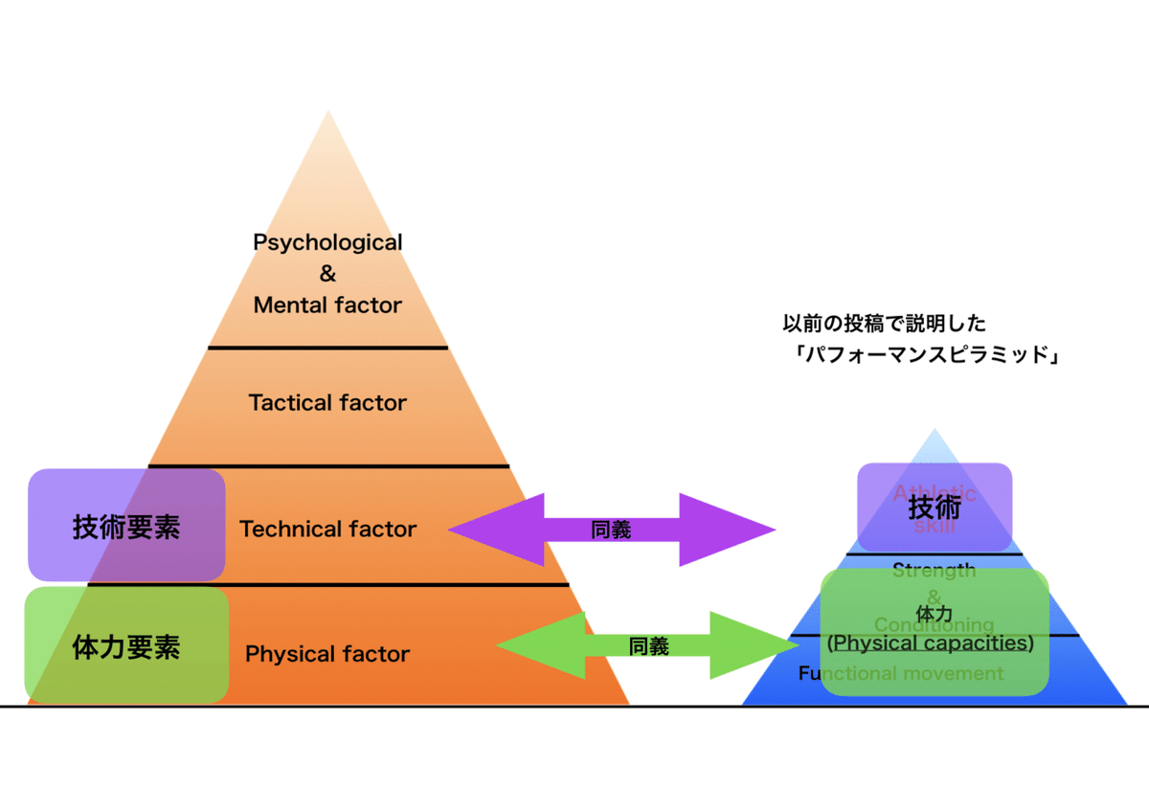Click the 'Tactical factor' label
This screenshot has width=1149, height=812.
pos(327,403)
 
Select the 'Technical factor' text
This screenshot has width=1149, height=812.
pos(327,529)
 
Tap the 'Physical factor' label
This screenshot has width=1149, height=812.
pos(327,655)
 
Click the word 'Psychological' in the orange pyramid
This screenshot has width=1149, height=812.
pos(327,242)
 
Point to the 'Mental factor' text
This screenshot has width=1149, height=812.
pos(327,305)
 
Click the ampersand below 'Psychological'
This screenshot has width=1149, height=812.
pos(327,274)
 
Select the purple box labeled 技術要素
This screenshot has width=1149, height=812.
pos(126,527)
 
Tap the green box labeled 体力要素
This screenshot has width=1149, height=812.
pos(126,647)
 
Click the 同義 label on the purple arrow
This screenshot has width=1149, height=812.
pos(611,530)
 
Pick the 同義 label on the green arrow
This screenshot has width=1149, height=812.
pos(649,646)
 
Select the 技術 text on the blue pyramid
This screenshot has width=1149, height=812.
pos(934,508)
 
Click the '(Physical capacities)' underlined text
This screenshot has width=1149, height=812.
pos(931,643)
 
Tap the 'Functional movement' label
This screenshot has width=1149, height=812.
pos(901,674)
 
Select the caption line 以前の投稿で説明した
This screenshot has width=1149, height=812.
pos(884,324)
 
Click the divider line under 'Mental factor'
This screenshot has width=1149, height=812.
pos(327,348)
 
